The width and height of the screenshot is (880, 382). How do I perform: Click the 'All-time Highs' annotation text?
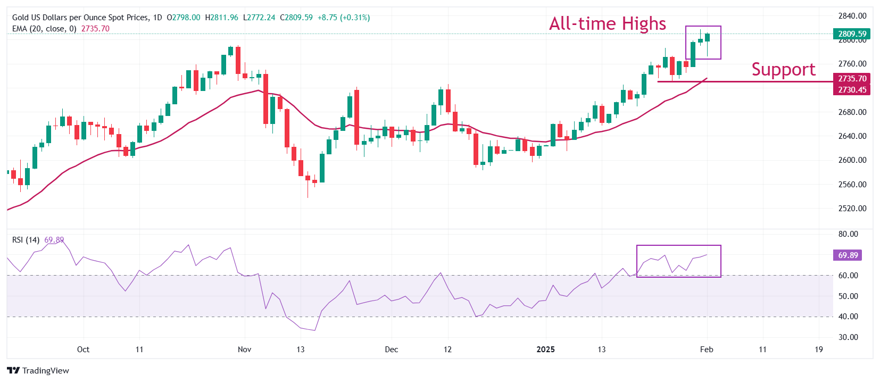tap(608, 24)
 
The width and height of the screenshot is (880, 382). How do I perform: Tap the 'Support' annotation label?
tap(783, 70)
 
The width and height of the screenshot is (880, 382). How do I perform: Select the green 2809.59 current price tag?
tap(852, 34)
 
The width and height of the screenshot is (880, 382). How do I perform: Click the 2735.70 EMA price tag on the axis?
tap(852, 78)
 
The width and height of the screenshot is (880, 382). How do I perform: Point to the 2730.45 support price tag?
tap(852, 90)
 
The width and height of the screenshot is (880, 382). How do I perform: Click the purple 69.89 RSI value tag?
tap(848, 255)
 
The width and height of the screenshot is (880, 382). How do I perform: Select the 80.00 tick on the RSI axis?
tap(848, 234)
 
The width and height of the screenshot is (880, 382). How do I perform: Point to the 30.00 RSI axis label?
tap(848, 337)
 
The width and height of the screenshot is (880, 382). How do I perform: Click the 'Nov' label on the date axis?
tap(244, 350)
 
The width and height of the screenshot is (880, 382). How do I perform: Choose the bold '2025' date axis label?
tap(545, 350)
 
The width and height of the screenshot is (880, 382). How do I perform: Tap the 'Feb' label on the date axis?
tap(706, 350)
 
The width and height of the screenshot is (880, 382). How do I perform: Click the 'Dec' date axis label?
tap(391, 350)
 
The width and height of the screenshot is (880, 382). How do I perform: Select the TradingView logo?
tap(38, 371)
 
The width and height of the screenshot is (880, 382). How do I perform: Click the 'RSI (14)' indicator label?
tap(26, 240)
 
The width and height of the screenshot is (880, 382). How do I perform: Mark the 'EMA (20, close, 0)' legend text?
tap(44, 29)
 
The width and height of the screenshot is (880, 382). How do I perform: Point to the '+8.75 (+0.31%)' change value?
tap(343, 18)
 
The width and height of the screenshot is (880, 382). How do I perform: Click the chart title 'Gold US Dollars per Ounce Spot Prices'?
tap(80, 18)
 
